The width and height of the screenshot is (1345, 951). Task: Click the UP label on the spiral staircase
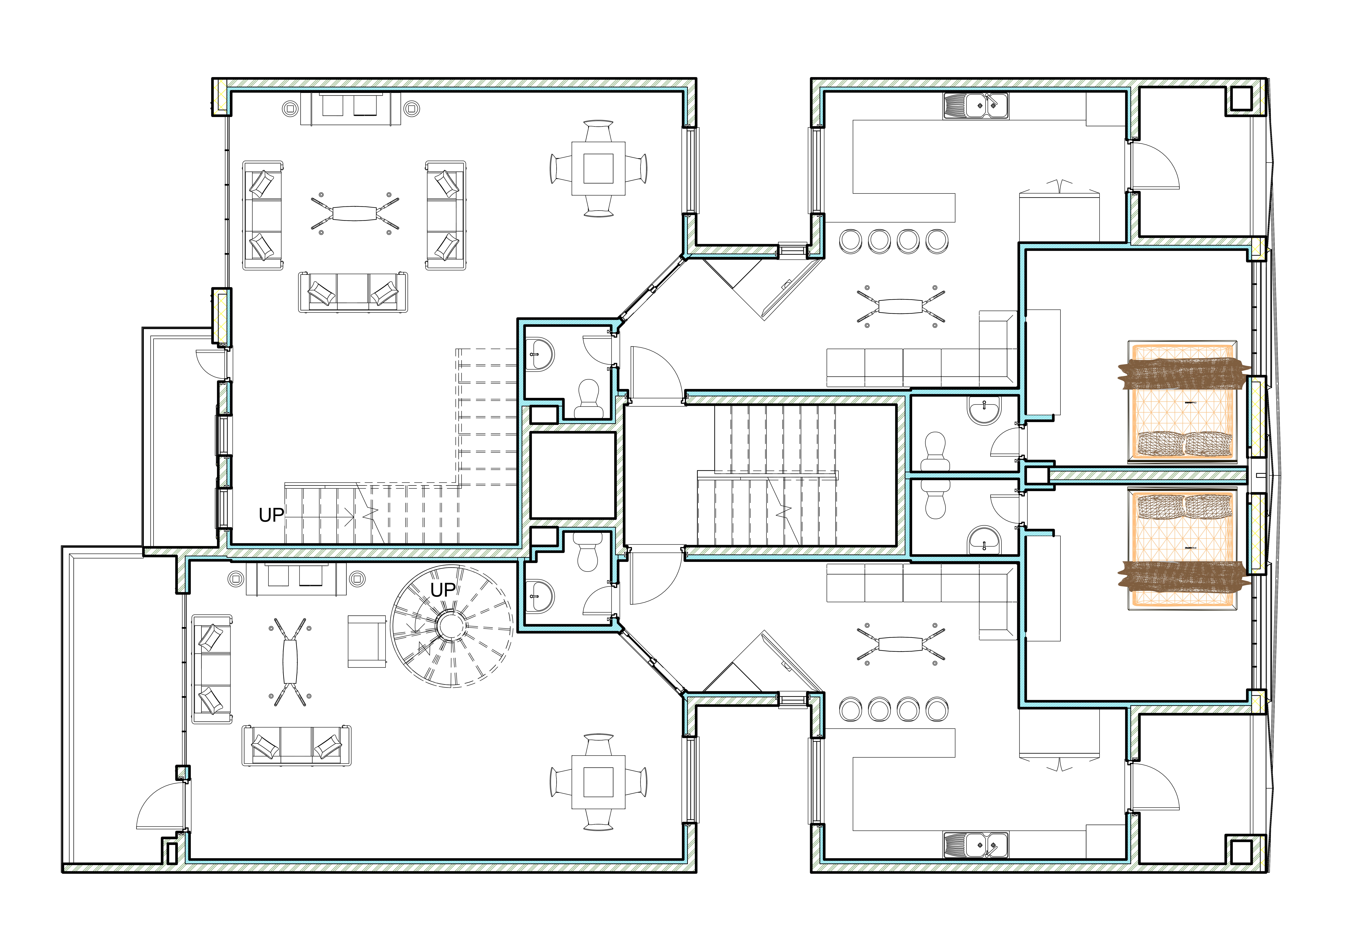[443, 590]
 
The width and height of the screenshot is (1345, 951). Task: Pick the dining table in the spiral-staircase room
[598, 782]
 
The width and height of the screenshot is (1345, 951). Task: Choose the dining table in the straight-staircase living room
[598, 169]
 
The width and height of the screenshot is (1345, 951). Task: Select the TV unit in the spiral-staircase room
[296, 579]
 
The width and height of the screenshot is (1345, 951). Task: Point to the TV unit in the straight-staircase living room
[350, 108]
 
